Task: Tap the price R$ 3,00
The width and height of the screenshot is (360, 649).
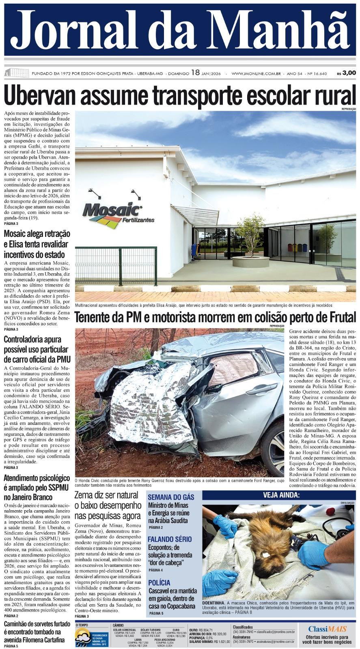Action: tap(346, 73)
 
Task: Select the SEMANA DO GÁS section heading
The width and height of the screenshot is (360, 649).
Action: tap(170, 497)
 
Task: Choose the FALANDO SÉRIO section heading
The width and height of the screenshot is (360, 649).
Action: tap(169, 539)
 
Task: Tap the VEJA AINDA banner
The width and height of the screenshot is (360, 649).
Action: tap(281, 495)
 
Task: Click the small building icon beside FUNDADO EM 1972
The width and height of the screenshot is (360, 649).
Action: tap(16, 73)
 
